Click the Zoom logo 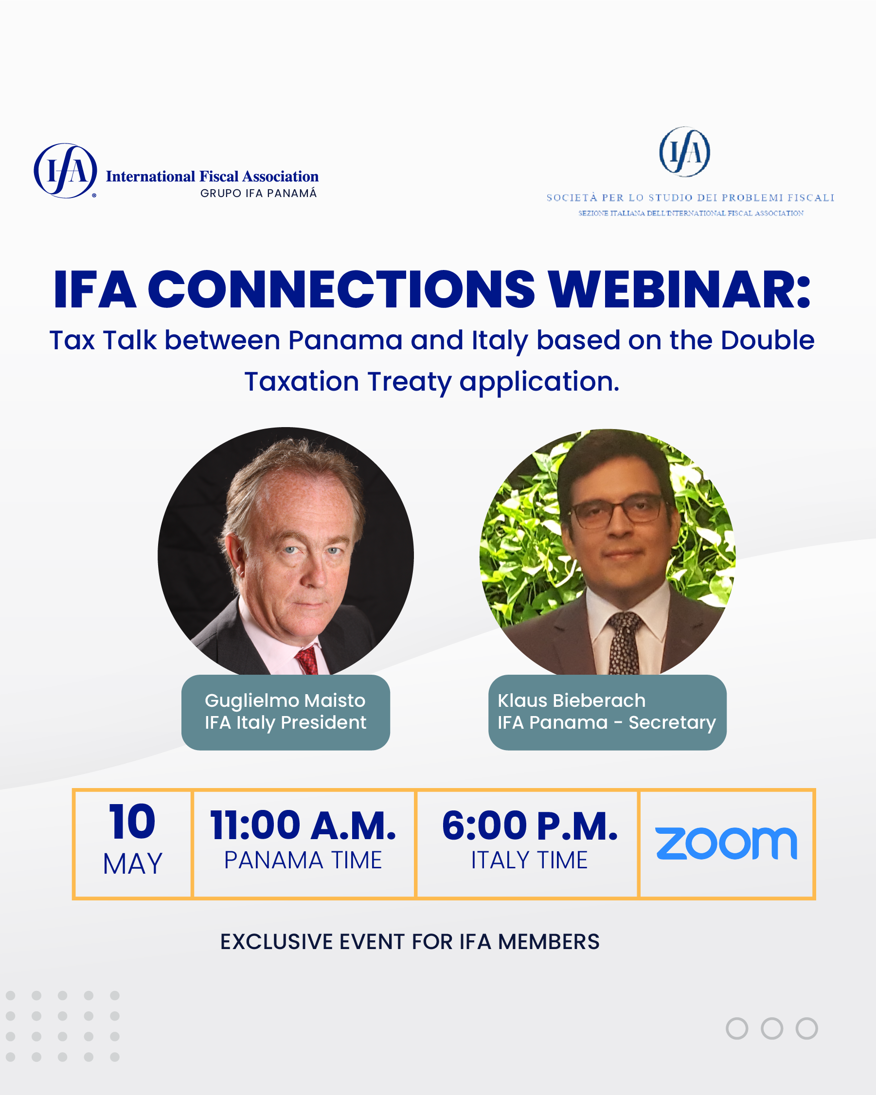(x=726, y=844)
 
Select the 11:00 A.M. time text (x=303, y=826)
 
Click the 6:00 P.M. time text (x=530, y=826)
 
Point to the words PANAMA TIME (x=303, y=861)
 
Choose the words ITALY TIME (x=529, y=861)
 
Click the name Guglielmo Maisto (x=285, y=700)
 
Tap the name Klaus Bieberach (x=572, y=700)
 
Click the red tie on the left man (x=308, y=661)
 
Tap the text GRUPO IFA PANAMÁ (x=258, y=193)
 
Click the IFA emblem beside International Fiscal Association (x=66, y=171)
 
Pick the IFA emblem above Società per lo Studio (x=684, y=152)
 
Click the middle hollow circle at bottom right (x=772, y=1028)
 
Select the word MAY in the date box (x=132, y=864)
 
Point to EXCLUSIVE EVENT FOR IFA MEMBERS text (x=410, y=942)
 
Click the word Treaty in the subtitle (x=410, y=382)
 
